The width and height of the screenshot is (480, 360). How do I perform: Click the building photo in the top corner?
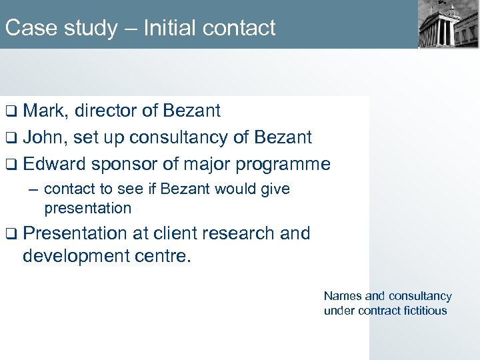pos(449,25)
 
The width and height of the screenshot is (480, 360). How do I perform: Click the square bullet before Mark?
pos(11,111)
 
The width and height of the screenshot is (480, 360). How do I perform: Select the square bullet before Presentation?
pos(11,234)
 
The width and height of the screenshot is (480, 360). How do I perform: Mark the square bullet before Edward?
pos(11,165)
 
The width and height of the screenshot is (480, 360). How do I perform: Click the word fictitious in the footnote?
pos(422,311)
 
